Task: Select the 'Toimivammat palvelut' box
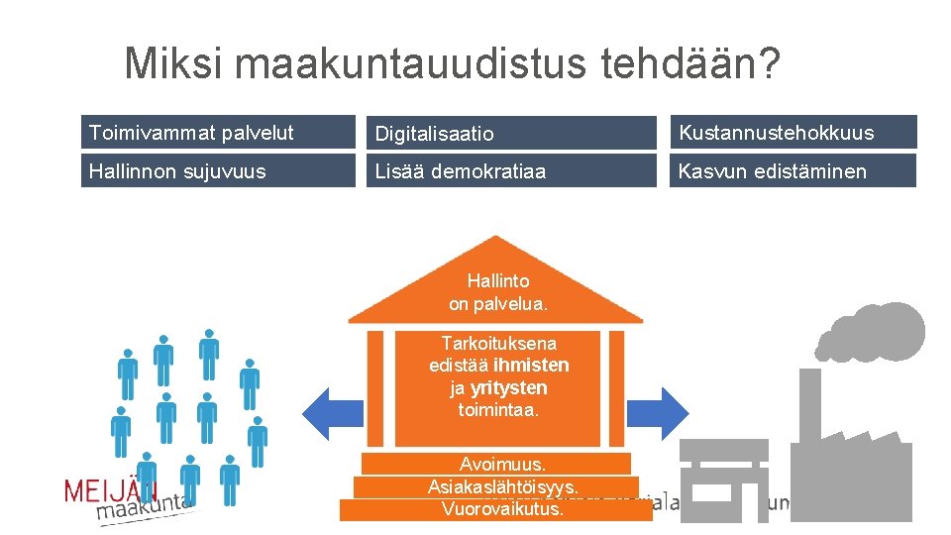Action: click(x=217, y=133)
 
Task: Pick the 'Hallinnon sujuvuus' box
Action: click(x=217, y=170)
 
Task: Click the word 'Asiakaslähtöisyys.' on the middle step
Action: click(x=502, y=486)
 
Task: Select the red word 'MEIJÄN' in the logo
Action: click(x=111, y=490)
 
